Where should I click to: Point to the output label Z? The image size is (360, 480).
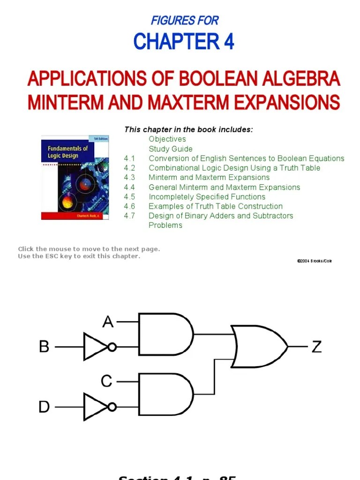317,347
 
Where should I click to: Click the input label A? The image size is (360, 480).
108,322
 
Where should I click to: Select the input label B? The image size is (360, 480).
44,347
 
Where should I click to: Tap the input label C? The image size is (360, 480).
107,382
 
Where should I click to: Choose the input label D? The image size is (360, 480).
44,407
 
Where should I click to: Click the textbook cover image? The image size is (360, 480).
75,177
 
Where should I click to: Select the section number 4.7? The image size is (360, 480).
129,216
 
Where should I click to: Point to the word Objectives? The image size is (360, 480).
167,139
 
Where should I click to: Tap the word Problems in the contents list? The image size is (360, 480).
165,225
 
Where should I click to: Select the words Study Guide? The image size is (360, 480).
171,149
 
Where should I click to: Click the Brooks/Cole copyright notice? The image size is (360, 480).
314,261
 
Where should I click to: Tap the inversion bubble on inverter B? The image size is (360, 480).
112,347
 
